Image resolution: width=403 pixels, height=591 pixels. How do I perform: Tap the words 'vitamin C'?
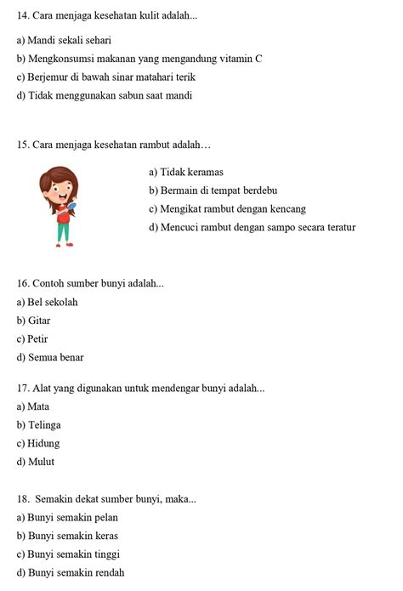241,59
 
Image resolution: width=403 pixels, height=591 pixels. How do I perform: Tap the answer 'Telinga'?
44,425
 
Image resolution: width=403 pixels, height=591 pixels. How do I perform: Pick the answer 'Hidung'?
43,444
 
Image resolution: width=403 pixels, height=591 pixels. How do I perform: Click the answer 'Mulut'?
41,463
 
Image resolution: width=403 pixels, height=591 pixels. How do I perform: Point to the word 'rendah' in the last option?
108,573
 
